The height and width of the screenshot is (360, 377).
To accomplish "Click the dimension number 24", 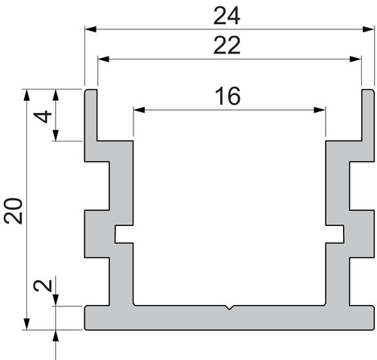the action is point(227,16).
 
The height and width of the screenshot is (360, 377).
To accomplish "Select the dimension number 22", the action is point(227,45).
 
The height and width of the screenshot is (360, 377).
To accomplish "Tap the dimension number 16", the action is point(228,96).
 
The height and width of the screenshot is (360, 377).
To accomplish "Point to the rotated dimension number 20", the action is point(14,211).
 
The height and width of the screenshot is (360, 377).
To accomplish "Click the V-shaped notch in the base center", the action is point(229,307).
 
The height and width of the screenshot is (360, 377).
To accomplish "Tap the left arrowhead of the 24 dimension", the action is point(90,29).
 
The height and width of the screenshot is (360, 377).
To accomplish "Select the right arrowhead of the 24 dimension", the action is point(368,29).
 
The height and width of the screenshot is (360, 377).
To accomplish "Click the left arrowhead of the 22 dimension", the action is point(103,59).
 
